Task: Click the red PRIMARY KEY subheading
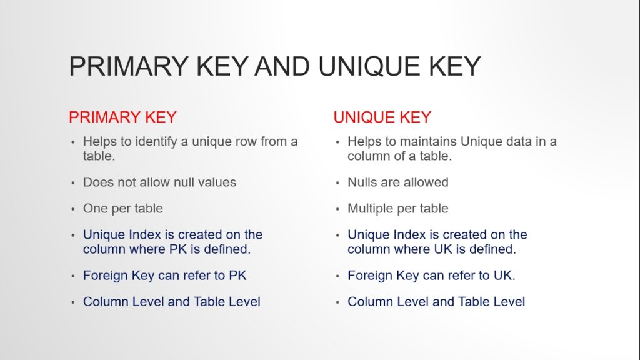122,117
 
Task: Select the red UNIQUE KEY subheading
382,117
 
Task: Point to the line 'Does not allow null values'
159,182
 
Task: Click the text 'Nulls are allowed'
398,182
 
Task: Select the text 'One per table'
123,209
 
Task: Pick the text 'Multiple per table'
398,209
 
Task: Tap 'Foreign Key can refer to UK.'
431,276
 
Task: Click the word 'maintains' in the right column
425,141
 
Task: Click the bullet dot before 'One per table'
73,209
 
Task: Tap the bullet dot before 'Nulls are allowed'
337,183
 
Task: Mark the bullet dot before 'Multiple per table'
337,209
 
